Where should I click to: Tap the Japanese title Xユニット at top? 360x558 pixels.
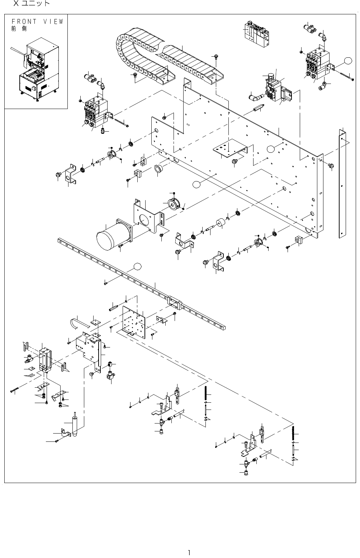pos(31,4)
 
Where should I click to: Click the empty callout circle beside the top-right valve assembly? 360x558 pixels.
pos(347,61)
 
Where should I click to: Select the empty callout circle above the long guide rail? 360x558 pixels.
pos(137,266)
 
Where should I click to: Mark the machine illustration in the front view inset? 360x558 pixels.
pos(37,72)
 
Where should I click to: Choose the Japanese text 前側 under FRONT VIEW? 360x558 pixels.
pos(19,29)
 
